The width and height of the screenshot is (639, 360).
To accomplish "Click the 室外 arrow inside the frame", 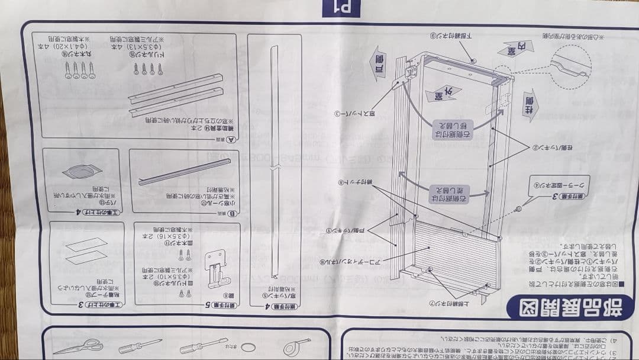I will tap(435, 93).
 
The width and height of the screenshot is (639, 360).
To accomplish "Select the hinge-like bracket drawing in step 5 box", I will tap(216, 269).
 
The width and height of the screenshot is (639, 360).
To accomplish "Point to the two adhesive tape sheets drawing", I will tap(86, 251).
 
